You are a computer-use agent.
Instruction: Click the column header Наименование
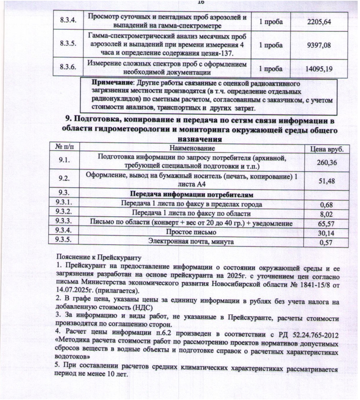click(x=192, y=148)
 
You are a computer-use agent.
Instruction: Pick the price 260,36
click(x=327, y=163)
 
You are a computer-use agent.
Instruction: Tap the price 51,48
click(x=327, y=181)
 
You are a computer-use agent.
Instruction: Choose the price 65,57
click(x=327, y=224)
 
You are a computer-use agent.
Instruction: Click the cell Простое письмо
click(x=191, y=232)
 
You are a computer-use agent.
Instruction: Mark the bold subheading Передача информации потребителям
click(x=192, y=195)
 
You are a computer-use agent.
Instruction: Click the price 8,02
click(x=327, y=215)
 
